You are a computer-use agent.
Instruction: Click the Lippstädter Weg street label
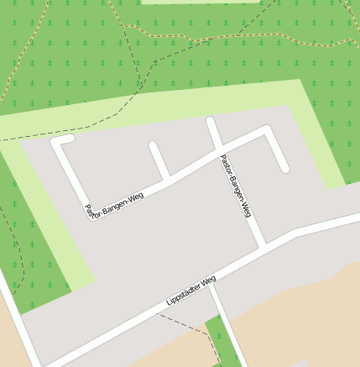191,290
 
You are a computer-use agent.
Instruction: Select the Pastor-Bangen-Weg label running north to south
236,186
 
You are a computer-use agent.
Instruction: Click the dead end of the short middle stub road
154,146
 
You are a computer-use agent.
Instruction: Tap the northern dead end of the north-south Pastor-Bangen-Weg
211,121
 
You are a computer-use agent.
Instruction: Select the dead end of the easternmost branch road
285,168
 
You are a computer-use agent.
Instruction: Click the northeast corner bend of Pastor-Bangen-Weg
267,130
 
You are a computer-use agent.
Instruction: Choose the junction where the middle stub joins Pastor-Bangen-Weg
167,177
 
